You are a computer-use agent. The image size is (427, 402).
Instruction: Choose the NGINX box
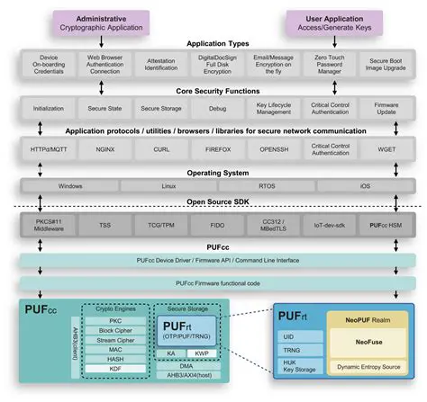[x=102, y=149]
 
